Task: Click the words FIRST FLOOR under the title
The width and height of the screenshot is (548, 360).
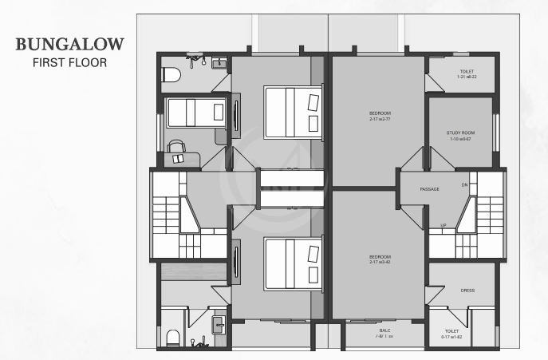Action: (69, 61)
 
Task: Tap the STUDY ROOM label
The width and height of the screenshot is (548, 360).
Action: (460, 133)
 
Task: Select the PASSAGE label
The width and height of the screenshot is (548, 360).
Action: (430, 189)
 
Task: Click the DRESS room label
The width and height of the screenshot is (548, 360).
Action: (467, 291)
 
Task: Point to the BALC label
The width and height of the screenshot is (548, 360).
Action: (384, 330)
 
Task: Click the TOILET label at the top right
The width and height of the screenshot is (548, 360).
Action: (467, 72)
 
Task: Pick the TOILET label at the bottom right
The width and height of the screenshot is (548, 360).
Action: (451, 330)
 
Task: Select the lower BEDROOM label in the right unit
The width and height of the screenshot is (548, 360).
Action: (380, 257)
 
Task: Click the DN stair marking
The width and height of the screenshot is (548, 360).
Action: (464, 185)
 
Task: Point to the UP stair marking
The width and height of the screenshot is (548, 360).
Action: (444, 225)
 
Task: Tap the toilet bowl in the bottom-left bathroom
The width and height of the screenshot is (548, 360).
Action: (171, 338)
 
